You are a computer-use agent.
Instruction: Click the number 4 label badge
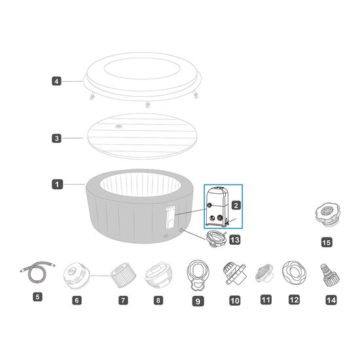tap(56, 82)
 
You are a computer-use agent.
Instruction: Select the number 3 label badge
tap(56, 138)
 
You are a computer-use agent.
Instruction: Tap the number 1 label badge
tap(56, 185)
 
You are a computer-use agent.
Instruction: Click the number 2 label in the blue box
tap(236, 204)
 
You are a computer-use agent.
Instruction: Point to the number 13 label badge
tap(234, 240)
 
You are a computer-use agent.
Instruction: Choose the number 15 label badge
tap(327, 242)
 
